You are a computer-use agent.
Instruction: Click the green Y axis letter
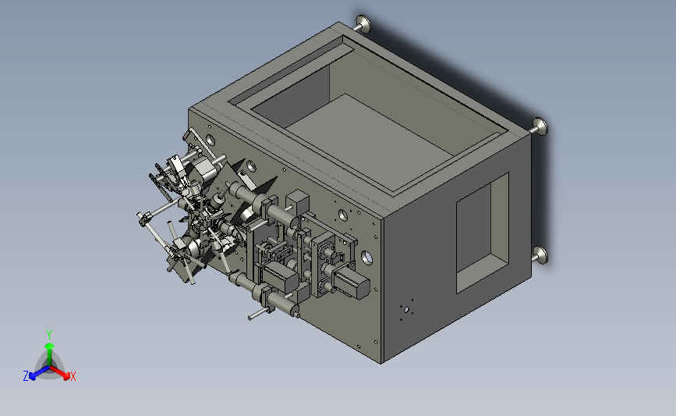tap(48, 335)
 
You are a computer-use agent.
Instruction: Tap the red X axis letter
tap(73, 376)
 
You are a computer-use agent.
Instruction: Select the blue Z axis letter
tap(26, 376)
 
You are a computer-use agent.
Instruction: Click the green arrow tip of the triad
tap(50, 346)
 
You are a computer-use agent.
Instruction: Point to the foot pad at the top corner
tap(363, 23)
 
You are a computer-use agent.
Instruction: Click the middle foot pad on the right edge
tap(540, 127)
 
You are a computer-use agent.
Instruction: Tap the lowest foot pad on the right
tap(540, 254)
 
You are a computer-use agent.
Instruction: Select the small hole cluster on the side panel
tap(406, 309)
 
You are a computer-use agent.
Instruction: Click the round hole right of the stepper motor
tap(366, 258)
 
